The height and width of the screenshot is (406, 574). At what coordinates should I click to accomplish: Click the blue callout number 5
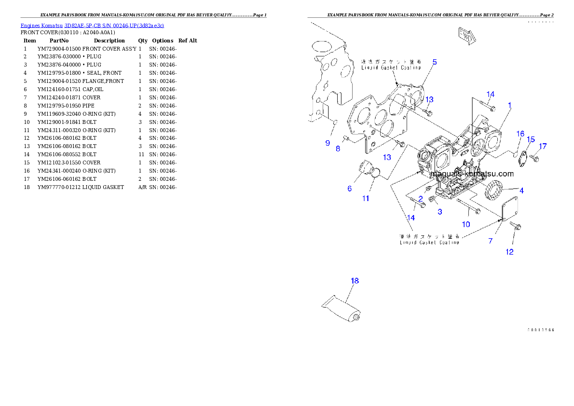click(x=434, y=62)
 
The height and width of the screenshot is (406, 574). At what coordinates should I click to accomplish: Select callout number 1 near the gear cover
click(x=509, y=105)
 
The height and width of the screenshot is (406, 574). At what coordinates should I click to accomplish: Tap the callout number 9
click(x=328, y=143)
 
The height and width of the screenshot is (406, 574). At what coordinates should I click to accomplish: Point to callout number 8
click(x=338, y=149)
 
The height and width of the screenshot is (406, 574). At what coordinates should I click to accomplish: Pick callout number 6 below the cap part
click(x=350, y=189)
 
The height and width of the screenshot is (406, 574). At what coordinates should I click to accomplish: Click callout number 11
click(x=366, y=198)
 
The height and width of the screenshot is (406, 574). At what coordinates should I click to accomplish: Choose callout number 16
click(x=520, y=134)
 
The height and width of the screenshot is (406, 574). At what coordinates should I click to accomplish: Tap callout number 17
click(x=543, y=146)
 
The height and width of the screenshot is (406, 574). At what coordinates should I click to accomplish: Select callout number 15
click(x=531, y=140)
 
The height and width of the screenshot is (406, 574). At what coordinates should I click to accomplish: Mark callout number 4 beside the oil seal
click(x=521, y=190)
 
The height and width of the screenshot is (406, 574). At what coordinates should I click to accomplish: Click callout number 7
click(x=491, y=241)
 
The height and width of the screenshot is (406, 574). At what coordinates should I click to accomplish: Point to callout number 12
click(x=509, y=252)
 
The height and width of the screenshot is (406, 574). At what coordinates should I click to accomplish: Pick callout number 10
click(x=466, y=224)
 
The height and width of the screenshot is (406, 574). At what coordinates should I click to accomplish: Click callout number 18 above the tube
click(x=355, y=281)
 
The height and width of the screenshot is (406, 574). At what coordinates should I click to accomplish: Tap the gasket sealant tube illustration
click(x=342, y=310)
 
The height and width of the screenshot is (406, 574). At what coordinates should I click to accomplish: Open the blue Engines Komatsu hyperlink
click(x=92, y=25)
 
